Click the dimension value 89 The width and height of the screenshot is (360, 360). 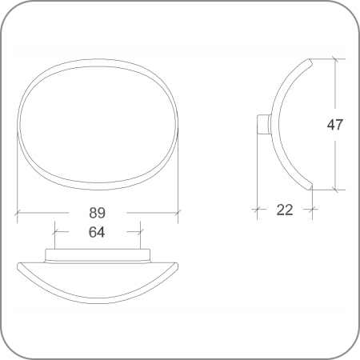tap(97, 213)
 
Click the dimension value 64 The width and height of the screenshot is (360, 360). tap(97, 232)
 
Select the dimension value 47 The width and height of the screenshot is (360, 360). tap(335, 125)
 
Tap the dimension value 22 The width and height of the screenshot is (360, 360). tap(285, 210)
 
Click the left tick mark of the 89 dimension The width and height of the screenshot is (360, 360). tap(18, 213)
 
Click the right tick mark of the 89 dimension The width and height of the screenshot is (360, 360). tap(178, 213)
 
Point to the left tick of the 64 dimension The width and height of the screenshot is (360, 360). tap(54, 231)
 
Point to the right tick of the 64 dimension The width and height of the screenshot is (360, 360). tap(141, 231)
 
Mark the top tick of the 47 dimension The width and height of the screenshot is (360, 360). tap(335, 58)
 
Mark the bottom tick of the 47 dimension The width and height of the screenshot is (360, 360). tap(335, 190)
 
